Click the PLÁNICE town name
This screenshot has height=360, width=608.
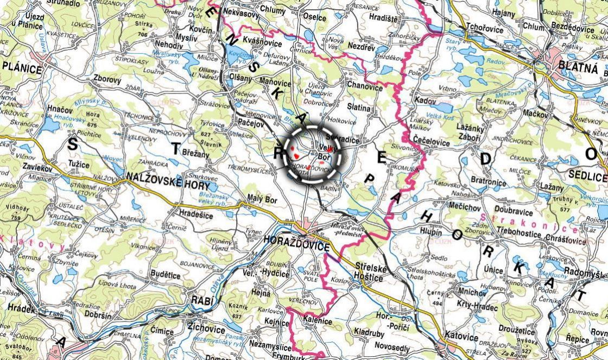[x=22, y=68]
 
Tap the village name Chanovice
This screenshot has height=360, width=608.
[x=365, y=86]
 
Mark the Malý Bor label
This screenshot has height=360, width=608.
[x=262, y=200]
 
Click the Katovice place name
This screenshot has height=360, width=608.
[x=461, y=337]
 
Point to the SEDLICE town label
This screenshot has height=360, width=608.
[x=588, y=176]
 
